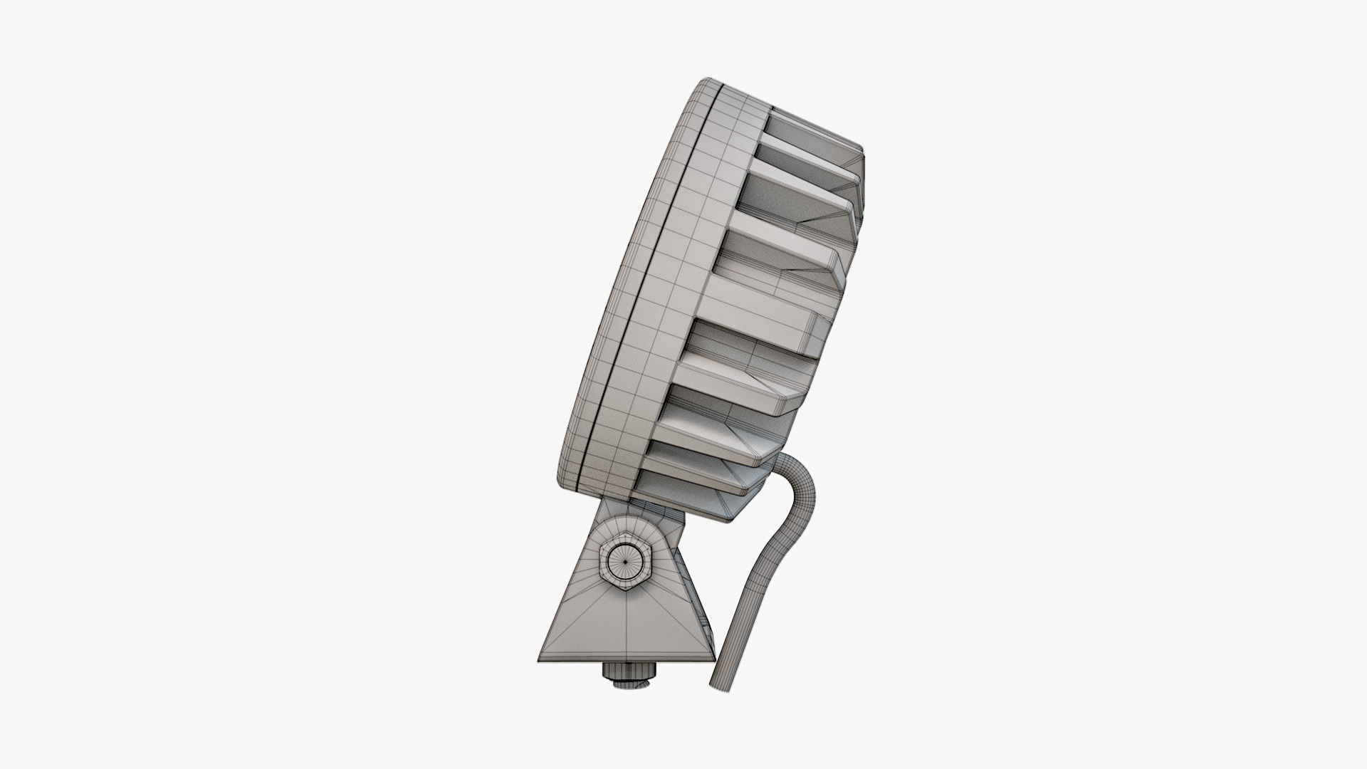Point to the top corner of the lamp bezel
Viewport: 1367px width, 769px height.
pos(705,82)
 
